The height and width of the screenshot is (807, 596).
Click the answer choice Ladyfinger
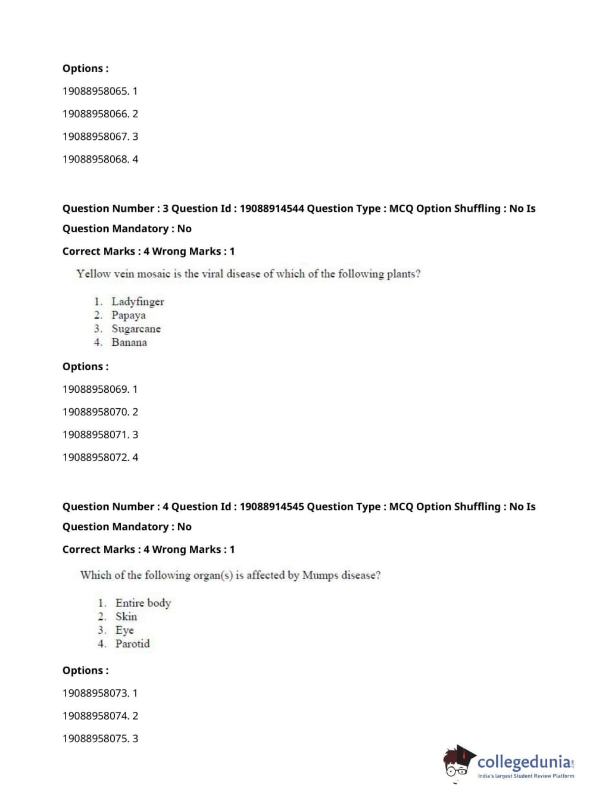coord(138,302)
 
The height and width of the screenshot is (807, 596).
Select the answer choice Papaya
coord(129,315)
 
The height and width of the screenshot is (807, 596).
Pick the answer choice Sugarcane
coord(136,329)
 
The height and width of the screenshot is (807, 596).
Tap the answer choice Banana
coord(129,343)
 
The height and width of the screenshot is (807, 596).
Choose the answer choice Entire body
coord(143,603)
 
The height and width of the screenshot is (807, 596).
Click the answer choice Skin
coord(126,617)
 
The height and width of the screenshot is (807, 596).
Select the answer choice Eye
coord(124,630)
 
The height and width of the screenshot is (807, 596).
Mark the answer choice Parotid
coord(133,644)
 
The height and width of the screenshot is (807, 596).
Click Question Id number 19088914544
coord(272,209)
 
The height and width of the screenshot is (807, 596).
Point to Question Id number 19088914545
coord(272,507)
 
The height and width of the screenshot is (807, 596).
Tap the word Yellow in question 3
coord(93,274)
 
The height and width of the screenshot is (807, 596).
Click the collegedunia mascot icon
coord(458,762)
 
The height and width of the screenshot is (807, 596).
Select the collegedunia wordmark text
coord(523,762)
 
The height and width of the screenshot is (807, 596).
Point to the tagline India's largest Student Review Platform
coord(526,776)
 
